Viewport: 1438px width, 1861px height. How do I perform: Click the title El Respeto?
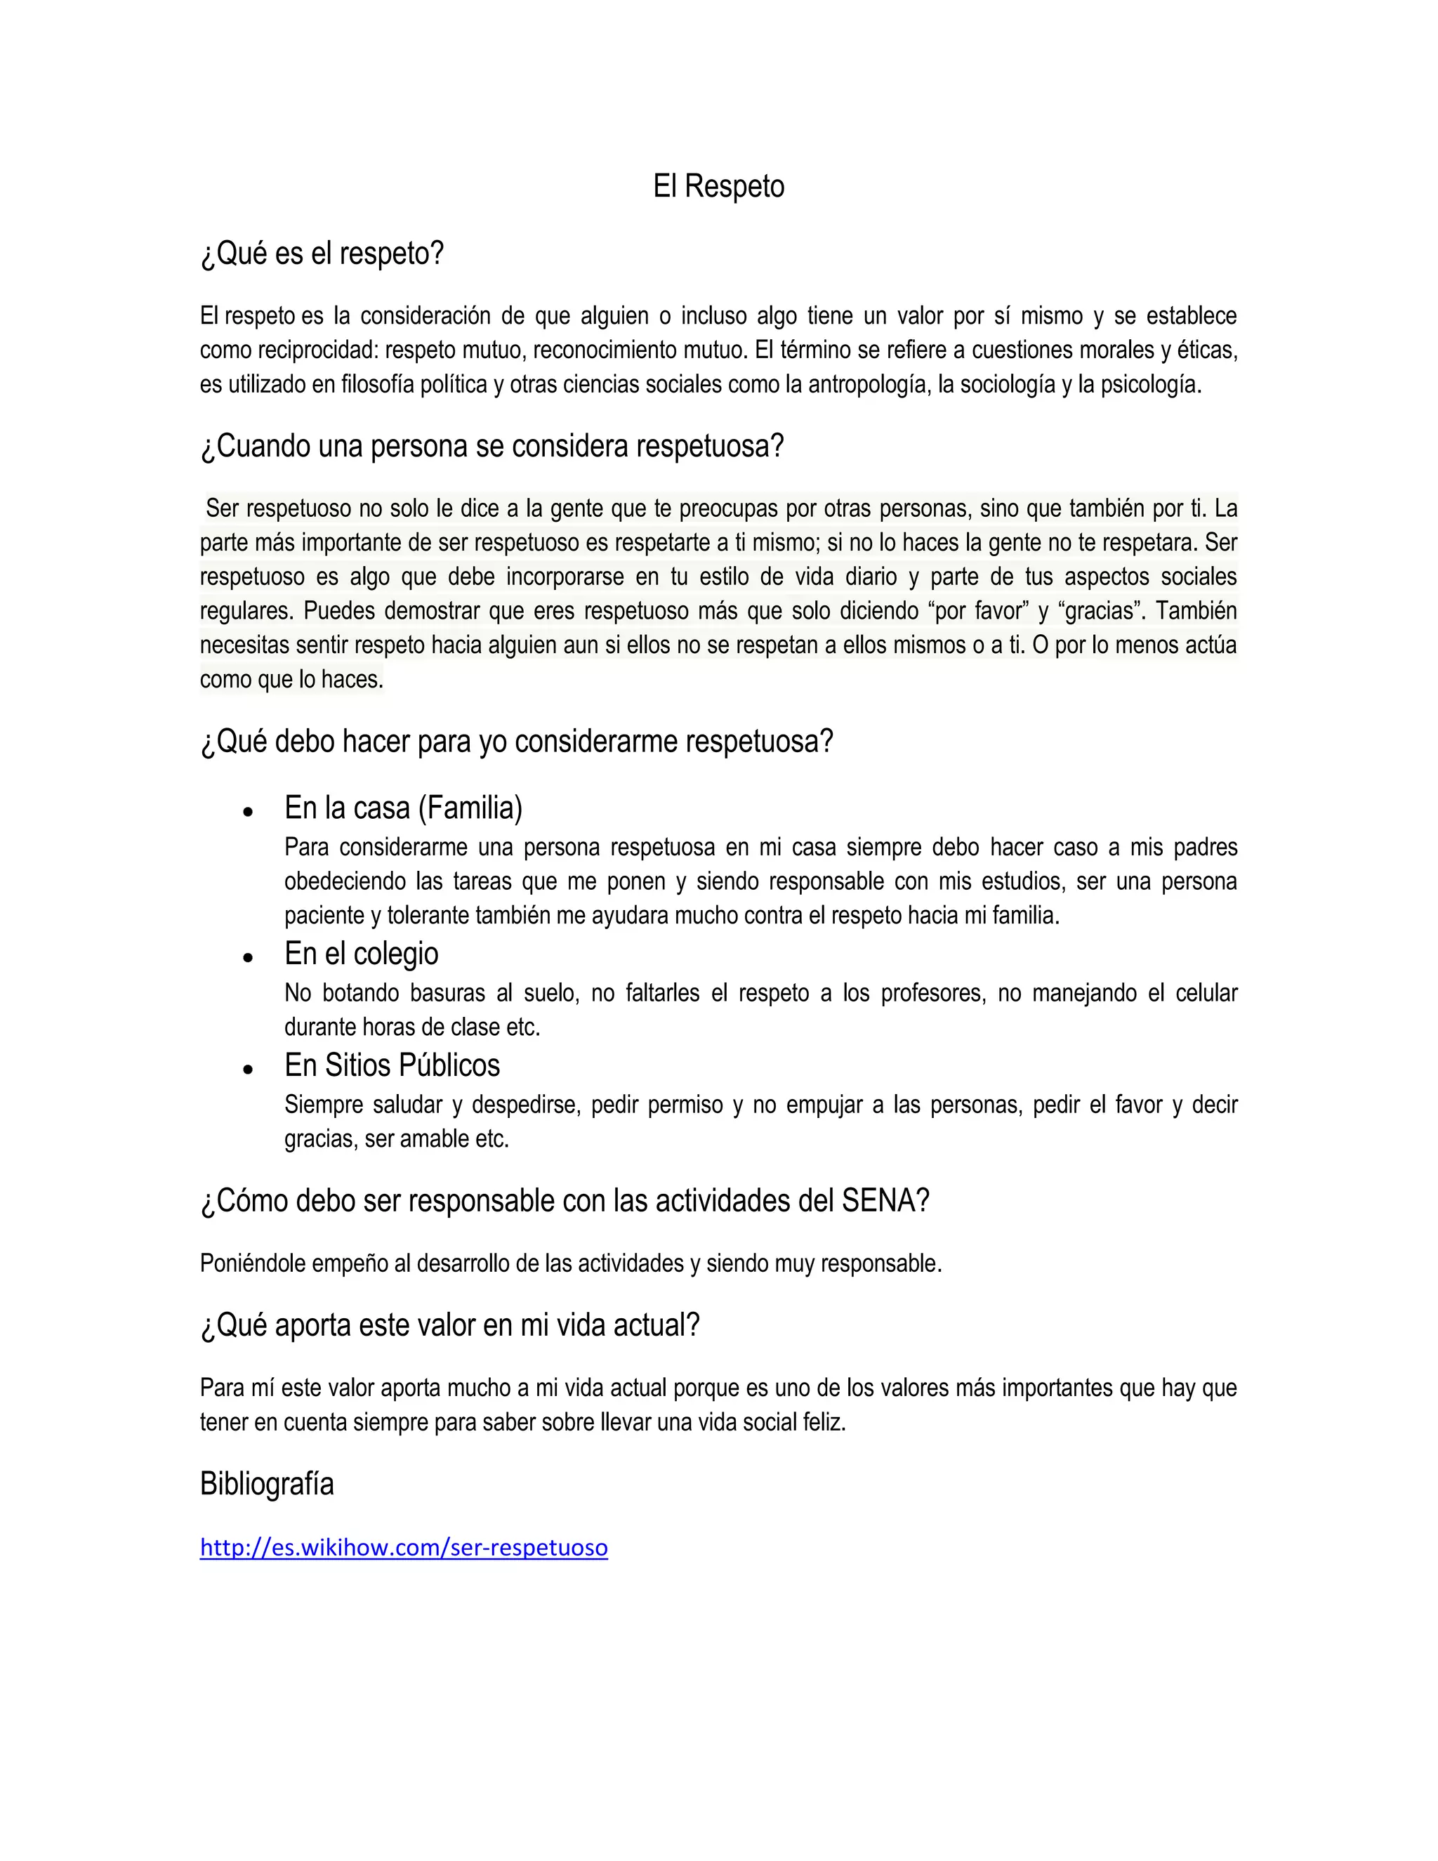(718, 187)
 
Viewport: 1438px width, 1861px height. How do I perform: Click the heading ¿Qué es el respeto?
(322, 254)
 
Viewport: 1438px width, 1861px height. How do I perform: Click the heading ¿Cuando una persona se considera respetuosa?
(492, 447)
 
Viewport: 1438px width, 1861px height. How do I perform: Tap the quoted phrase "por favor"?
(979, 611)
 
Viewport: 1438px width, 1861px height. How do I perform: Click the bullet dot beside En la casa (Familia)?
(248, 812)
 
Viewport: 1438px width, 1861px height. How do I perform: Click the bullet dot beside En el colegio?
(248, 958)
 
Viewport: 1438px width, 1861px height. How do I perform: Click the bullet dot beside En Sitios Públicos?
(248, 1070)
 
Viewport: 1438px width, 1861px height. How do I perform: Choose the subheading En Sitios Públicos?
(392, 1065)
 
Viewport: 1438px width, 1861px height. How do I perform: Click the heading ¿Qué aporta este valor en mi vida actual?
(450, 1326)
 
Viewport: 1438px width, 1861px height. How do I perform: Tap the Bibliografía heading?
(267, 1485)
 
